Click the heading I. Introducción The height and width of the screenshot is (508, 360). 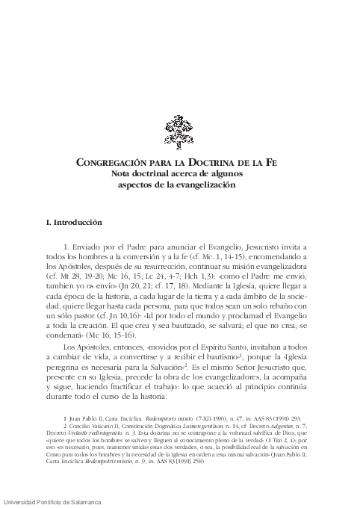tap(79, 223)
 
